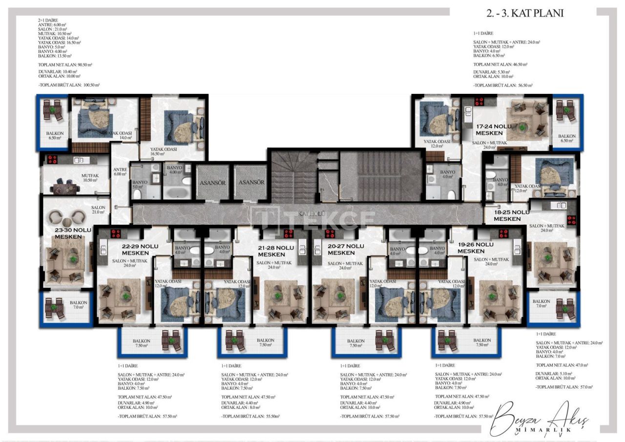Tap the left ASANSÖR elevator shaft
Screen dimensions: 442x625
[212, 182]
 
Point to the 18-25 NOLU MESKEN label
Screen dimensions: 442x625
[511, 216]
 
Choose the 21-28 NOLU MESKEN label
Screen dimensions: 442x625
[276, 251]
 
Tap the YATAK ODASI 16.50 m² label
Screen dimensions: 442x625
[164, 151]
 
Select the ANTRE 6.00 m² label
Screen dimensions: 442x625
[120, 172]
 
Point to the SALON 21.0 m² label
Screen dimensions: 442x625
[98, 210]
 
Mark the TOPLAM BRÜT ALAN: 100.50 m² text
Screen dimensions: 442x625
[69, 85]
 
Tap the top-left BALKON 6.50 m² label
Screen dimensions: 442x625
[54, 135]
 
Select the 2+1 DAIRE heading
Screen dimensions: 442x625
[48, 20]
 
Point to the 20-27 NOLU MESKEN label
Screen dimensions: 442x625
[346, 250]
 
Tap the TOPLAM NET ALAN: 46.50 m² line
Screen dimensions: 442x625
[500, 64]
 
